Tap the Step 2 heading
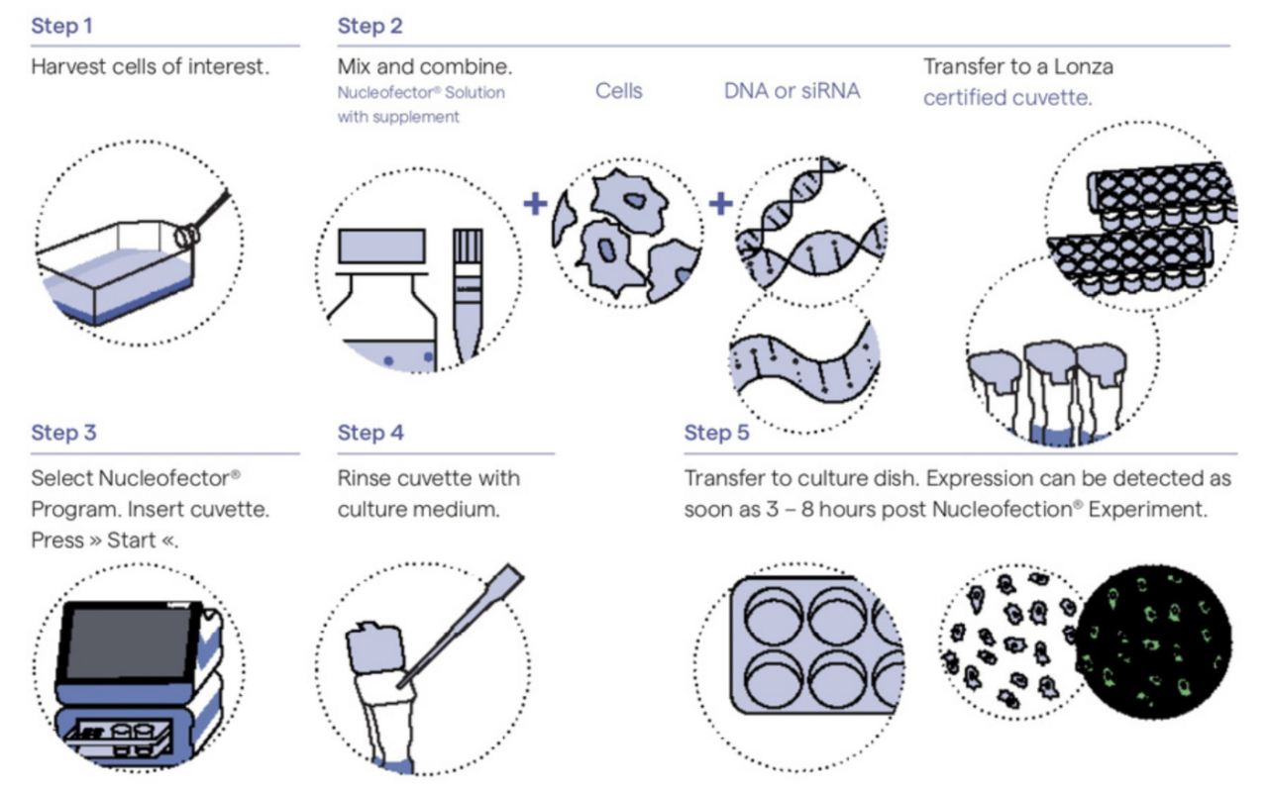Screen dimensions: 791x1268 pyautogui.click(x=370, y=26)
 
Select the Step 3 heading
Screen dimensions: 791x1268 pyautogui.click(x=63, y=433)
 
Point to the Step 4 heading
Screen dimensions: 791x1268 pyautogui.click(x=370, y=433)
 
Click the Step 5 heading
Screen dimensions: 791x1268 pyautogui.click(x=716, y=433)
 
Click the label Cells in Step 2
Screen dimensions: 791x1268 pyautogui.click(x=618, y=91)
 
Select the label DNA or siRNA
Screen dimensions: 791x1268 pyautogui.click(x=792, y=91)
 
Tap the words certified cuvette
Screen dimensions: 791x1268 pyautogui.click(x=1007, y=98)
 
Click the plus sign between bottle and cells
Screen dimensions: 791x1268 pyautogui.click(x=535, y=204)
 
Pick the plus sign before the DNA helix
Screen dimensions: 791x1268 pyautogui.click(x=720, y=204)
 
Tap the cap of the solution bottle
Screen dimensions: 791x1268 pyautogui.click(x=381, y=246)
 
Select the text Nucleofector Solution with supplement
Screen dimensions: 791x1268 pyautogui.click(x=420, y=104)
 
